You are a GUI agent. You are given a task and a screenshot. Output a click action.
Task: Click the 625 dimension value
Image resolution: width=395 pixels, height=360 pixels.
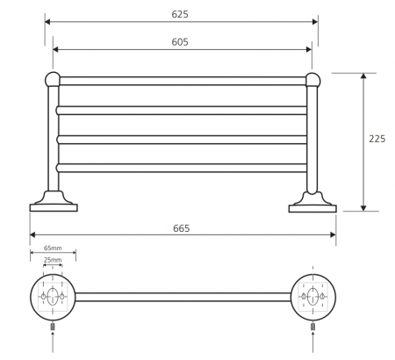tap(180, 14)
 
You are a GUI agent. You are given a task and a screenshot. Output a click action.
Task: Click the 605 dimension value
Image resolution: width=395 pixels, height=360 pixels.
tap(180, 42)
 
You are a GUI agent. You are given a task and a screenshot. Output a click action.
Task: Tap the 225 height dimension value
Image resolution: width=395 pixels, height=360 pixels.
tap(377, 139)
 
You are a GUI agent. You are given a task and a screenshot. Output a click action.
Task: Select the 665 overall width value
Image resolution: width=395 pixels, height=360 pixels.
tap(182, 228)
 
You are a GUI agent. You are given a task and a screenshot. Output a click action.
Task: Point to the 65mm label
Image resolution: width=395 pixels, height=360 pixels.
tap(53, 248)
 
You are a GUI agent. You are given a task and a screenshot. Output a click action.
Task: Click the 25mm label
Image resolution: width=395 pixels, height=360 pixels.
tap(53, 260)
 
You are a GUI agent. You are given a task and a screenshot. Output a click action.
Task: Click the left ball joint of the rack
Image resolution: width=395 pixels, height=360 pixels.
tap(53, 79)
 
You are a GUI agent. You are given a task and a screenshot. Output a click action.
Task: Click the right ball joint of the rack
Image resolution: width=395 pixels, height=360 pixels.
tap(312, 80)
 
